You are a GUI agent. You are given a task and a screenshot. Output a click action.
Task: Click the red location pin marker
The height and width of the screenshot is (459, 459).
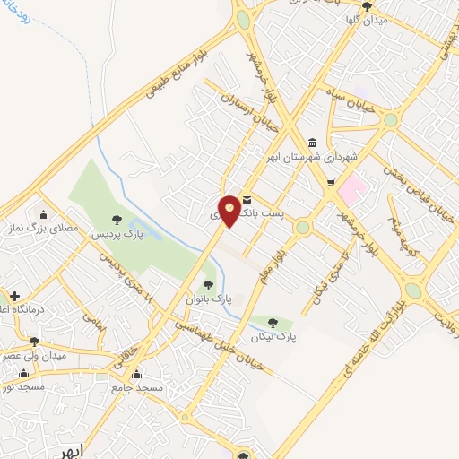coord(229,211)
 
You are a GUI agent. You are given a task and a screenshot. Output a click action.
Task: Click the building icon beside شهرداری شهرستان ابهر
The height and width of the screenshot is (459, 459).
coord(311,143)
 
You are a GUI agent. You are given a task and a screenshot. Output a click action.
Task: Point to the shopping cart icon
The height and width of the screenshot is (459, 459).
coord(330,184)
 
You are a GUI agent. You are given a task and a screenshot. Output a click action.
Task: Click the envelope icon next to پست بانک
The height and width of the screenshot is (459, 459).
coord(247,199)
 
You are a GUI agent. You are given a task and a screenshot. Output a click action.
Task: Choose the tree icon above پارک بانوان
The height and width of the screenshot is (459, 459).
coord(208,283)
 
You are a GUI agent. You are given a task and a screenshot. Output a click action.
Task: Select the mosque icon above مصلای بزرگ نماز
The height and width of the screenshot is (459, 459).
coord(43,213)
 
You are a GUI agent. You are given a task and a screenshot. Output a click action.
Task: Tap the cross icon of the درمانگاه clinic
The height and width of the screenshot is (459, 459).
coord(13,296)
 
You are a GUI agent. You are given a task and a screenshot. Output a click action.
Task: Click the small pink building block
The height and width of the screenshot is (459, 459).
coord(353,187)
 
